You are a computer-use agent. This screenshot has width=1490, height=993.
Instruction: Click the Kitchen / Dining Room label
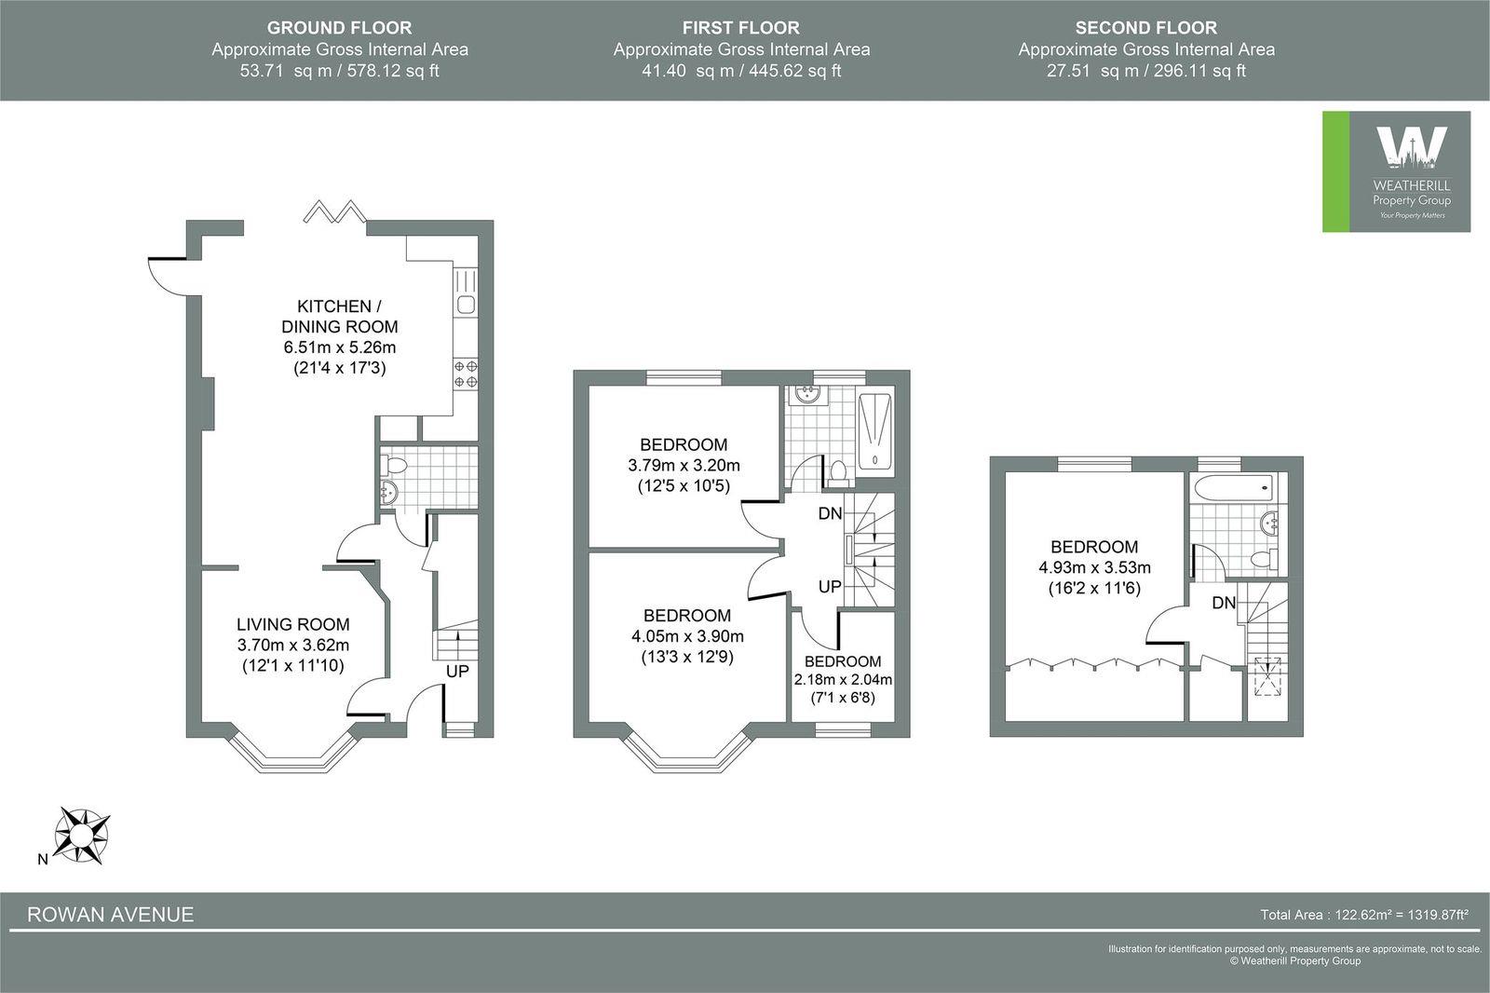coord(339,317)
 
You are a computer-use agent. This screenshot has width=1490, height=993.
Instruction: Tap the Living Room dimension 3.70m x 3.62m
coord(292,644)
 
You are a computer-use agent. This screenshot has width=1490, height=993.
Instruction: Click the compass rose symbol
coord(83,832)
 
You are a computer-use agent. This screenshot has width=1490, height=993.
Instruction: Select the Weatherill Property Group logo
coord(1396,171)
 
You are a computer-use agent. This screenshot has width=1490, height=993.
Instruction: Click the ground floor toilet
coord(396,465)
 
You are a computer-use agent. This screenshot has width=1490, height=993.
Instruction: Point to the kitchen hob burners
coord(466,374)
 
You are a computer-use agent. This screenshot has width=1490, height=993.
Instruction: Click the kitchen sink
coord(465,306)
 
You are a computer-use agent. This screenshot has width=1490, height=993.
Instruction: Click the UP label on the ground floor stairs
coord(456,671)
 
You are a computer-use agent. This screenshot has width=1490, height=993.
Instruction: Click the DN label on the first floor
coord(831,513)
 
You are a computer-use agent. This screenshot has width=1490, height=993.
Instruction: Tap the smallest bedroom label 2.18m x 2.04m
coord(842,679)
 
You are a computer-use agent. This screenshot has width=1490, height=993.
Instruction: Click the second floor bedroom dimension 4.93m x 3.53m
coord(1094,567)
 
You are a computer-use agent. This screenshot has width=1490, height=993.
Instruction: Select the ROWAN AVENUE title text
coord(110,914)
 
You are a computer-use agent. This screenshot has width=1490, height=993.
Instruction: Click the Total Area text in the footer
coord(1363,915)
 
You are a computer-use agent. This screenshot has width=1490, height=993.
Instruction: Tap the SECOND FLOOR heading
coord(1145,28)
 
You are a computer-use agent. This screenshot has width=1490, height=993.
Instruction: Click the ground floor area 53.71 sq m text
coord(339,71)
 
